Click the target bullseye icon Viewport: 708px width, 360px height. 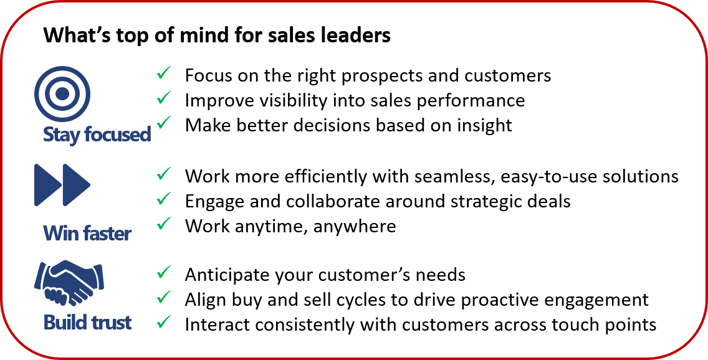62,94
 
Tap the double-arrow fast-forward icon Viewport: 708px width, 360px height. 62,185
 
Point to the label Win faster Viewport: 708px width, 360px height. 88,233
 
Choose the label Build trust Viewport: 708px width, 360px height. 88,322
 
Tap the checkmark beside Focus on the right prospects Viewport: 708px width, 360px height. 163,73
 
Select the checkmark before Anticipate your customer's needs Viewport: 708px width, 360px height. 163,272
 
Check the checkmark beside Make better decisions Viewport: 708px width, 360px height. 163,122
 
